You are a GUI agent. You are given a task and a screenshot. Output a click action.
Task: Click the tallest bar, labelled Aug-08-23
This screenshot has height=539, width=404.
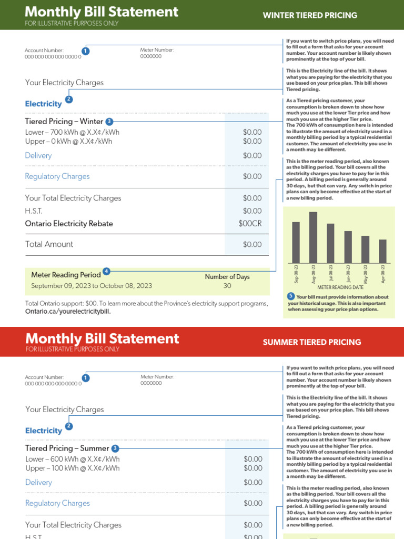coord(313,237)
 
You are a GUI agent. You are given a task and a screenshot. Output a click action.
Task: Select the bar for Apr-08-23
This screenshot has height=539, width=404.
coord(382,251)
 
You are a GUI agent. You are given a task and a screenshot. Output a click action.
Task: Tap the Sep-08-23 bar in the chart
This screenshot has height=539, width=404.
coord(296,242)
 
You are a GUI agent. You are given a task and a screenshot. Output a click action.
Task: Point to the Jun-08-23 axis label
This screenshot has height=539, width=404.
coord(348,274)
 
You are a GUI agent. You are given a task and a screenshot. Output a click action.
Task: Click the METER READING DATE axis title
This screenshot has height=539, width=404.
coord(340,287)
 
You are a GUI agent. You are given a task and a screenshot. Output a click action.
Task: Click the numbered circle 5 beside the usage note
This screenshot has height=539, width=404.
coord(291,296)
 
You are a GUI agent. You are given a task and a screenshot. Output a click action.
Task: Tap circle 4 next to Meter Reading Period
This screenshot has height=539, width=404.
coord(106,271)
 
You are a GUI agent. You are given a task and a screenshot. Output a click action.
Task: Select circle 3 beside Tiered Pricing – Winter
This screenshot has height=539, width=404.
coord(109,121)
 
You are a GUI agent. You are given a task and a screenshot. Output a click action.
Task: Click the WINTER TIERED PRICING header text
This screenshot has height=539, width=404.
coord(310,15)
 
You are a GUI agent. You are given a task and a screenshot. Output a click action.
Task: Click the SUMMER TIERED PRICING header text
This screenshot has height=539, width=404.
coord(311,342)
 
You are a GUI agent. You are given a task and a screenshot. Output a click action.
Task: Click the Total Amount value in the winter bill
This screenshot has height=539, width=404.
coord(252,244)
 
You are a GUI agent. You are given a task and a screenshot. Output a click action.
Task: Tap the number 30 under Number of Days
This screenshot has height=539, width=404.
coord(227,286)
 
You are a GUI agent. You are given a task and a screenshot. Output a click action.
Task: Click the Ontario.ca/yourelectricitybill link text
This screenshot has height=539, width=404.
coord(68,311)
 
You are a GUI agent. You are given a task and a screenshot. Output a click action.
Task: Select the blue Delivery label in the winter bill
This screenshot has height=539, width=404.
coord(38,155)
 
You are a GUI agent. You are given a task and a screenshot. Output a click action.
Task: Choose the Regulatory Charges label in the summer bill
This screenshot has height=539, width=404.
coord(57,503)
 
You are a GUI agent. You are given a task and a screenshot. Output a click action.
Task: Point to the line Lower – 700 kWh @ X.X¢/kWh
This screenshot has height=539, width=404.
coord(72,132)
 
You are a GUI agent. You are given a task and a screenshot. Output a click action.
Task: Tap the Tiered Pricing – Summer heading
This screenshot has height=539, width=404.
coord(67,448)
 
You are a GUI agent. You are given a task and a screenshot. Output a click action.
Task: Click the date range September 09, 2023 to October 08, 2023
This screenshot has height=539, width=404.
coord(92,286)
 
